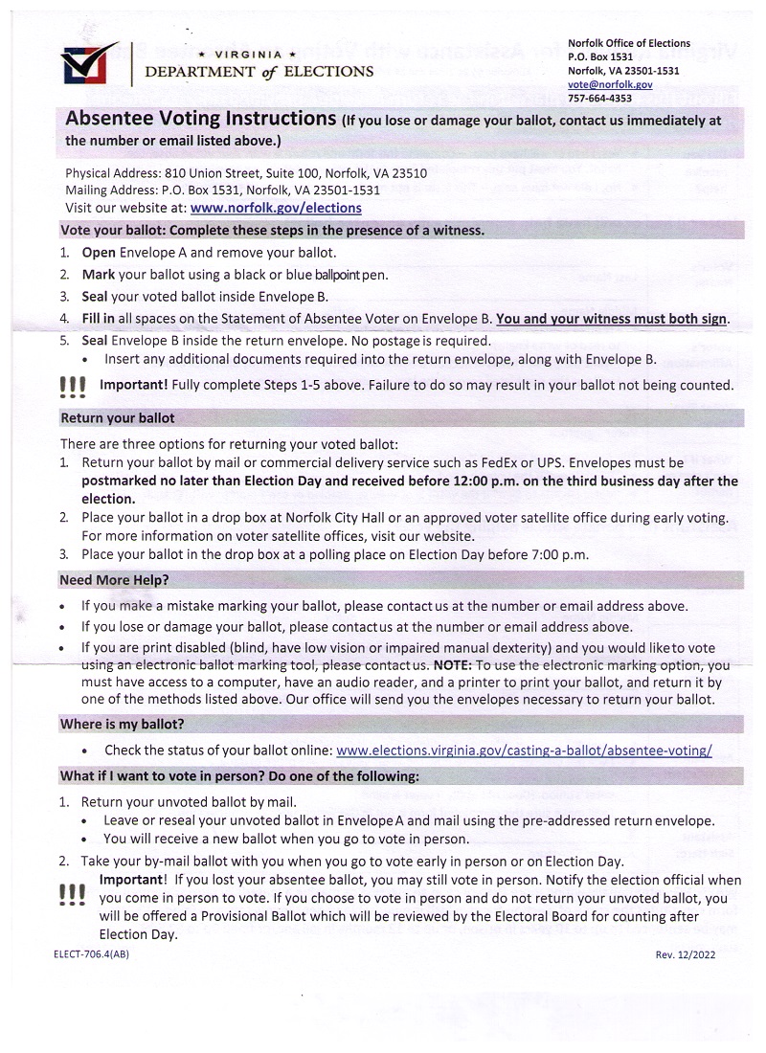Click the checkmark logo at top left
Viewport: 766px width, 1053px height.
click(87, 64)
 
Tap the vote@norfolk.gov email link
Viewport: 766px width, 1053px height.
click(610, 84)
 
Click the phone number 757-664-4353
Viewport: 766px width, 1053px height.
click(599, 98)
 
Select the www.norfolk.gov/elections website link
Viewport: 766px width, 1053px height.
click(276, 208)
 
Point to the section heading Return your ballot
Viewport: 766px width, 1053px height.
click(117, 418)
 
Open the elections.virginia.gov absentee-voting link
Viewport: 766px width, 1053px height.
click(525, 750)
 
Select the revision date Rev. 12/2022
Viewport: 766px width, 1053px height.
click(685, 954)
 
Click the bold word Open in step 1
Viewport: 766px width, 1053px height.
click(99, 253)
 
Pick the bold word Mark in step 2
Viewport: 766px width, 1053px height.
click(99, 275)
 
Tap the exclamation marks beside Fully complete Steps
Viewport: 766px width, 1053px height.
click(72, 387)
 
